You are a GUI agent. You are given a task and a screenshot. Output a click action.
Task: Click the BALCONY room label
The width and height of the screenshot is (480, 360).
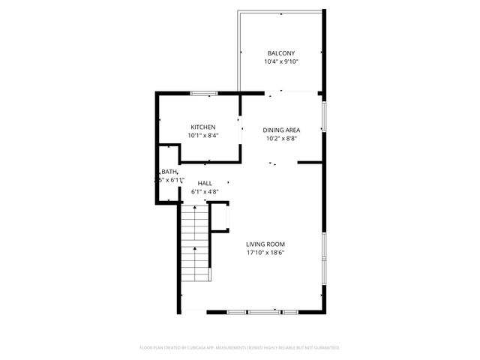281,53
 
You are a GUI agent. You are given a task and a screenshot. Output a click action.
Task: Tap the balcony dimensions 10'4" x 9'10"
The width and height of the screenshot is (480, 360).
281,62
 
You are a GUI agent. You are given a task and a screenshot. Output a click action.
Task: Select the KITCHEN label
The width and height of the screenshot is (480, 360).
203,127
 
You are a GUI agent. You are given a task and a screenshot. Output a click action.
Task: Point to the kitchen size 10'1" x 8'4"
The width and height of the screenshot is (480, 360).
203,136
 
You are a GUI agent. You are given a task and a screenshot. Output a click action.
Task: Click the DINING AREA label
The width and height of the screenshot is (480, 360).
281,130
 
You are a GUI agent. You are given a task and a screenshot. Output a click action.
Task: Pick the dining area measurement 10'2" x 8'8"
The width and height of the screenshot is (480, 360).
281,139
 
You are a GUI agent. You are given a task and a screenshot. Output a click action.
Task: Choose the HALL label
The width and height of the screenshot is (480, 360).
204,183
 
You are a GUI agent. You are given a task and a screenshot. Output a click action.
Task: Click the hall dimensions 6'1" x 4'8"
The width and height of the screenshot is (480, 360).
204,192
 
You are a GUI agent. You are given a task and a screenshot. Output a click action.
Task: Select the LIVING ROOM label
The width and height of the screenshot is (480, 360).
265,244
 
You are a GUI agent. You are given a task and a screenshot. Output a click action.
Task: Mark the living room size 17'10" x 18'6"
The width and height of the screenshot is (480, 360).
265,253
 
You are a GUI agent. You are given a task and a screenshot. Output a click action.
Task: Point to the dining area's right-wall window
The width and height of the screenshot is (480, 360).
323,116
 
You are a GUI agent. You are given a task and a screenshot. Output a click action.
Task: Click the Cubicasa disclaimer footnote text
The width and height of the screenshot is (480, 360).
240,347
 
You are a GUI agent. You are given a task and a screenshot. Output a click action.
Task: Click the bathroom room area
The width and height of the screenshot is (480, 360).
167,187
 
